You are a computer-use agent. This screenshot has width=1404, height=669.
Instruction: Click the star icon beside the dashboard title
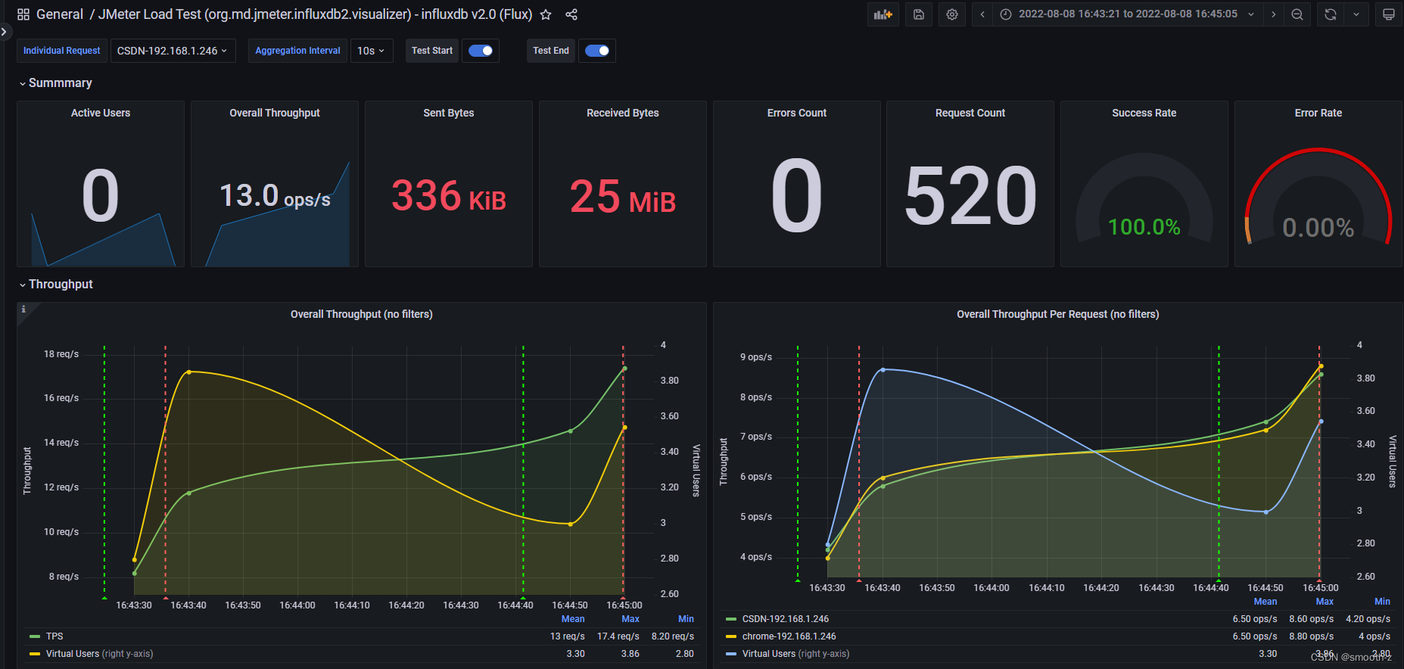pyautogui.click(x=546, y=14)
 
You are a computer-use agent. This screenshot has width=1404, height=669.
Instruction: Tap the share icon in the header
pyautogui.click(x=571, y=14)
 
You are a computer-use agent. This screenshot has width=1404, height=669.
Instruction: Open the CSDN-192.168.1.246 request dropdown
pyautogui.click(x=173, y=51)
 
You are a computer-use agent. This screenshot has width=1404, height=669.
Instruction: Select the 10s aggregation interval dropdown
pyautogui.click(x=371, y=51)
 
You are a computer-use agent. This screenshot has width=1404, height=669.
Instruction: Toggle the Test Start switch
pyautogui.click(x=481, y=51)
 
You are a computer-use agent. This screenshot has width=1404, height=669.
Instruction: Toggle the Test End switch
pyautogui.click(x=597, y=51)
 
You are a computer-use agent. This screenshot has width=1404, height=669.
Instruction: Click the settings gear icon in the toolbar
pyautogui.click(x=952, y=14)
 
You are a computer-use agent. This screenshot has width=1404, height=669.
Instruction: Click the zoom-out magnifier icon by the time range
pyautogui.click(x=1297, y=14)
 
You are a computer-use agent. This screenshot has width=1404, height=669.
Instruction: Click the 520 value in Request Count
pyautogui.click(x=970, y=196)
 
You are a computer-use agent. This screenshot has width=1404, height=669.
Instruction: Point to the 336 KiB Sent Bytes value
pyautogui.click(x=448, y=196)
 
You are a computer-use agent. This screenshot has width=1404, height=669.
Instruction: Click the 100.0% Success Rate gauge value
pyautogui.click(x=1144, y=226)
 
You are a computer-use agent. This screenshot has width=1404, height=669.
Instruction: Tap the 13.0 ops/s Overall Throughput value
pyautogui.click(x=275, y=196)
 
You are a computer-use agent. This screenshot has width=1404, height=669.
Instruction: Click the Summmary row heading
pyautogui.click(x=60, y=83)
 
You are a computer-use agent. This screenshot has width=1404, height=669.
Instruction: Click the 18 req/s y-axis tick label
pyautogui.click(x=61, y=354)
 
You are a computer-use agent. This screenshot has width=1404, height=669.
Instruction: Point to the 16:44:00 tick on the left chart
pyautogui.click(x=297, y=605)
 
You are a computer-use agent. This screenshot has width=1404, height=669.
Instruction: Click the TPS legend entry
pyautogui.click(x=54, y=636)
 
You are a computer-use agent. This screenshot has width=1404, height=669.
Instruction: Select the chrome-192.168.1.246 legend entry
pyautogui.click(x=789, y=636)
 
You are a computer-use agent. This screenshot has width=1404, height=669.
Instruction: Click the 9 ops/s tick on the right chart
pyautogui.click(x=756, y=357)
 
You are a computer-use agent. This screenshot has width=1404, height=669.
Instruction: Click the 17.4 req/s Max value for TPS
pyautogui.click(x=618, y=636)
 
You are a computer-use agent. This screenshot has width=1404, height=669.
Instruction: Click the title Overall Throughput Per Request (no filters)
pyautogui.click(x=1057, y=314)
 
